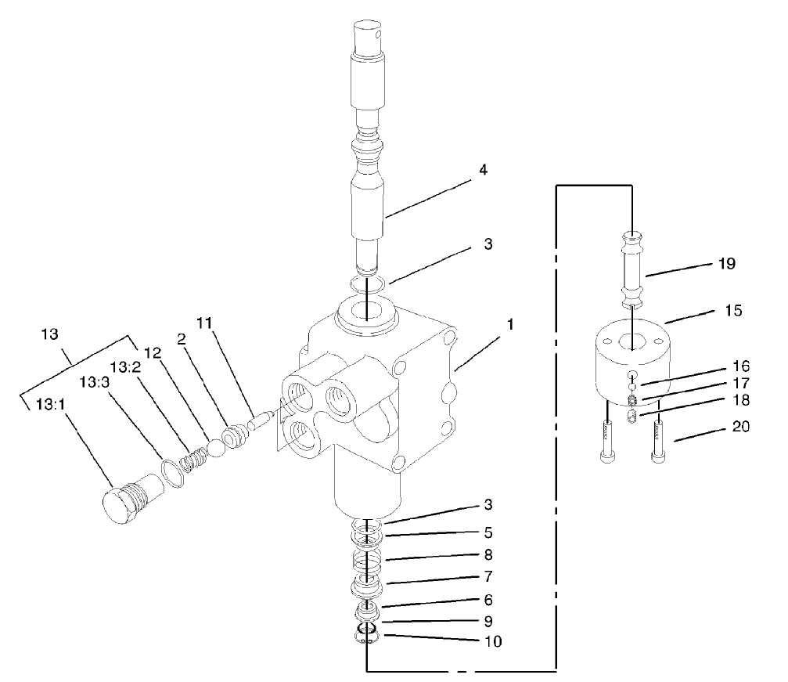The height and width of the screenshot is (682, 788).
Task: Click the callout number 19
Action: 726,264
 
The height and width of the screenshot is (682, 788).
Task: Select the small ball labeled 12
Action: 215,449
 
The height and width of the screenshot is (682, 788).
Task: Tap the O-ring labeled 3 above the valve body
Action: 365,283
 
